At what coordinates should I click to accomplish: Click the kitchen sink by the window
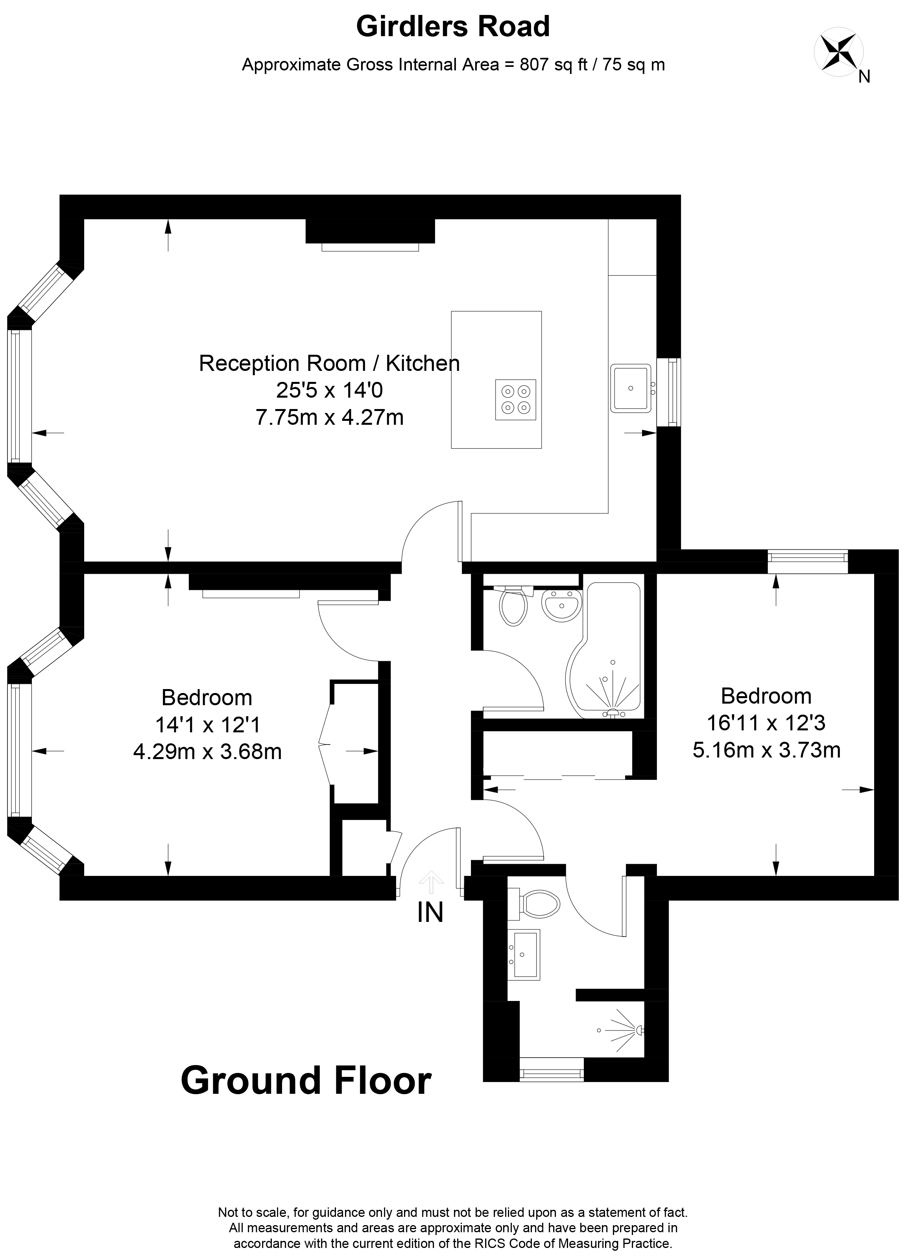(631, 389)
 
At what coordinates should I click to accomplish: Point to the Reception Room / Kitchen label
(329, 363)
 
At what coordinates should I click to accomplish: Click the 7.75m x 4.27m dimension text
(329, 417)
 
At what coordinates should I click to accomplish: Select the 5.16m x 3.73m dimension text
(767, 750)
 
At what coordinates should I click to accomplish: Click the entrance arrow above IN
(431, 881)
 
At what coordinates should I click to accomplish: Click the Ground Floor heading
(306, 1081)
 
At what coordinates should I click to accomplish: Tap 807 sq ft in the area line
(553, 65)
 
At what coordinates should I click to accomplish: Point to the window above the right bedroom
(808, 561)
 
